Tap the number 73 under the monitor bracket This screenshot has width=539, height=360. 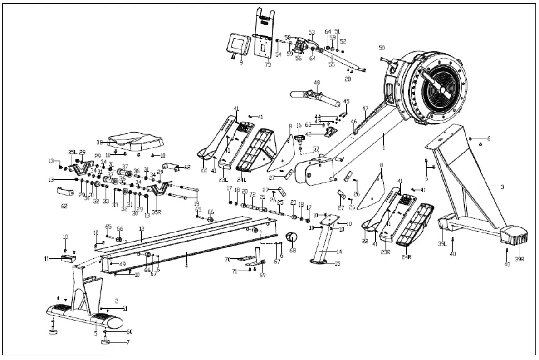pos(268,65)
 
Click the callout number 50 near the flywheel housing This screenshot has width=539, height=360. pos(382,48)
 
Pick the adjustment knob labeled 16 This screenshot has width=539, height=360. pos(299,137)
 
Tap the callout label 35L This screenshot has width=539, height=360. pos(72,153)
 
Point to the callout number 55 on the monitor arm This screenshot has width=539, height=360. pos(332,65)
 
